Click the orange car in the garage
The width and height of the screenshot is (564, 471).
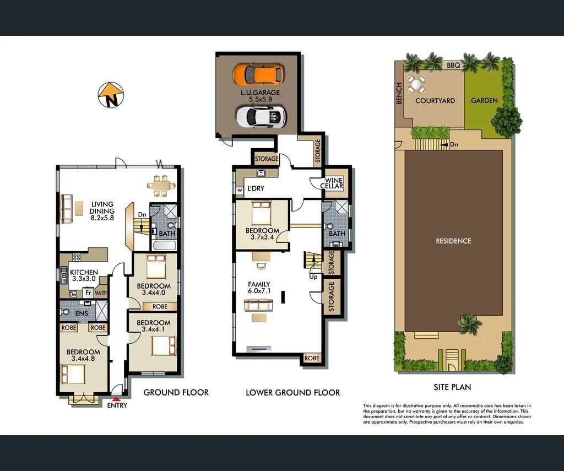(258, 74)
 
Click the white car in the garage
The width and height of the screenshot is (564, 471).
(261, 116)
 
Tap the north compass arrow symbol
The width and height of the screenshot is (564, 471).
(111, 95)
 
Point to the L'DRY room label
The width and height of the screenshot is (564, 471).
(255, 188)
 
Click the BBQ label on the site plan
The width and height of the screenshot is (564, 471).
(453, 65)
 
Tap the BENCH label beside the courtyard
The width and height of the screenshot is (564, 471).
(399, 94)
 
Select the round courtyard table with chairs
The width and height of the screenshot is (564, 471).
(416, 84)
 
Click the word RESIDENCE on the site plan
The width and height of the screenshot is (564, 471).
(453, 241)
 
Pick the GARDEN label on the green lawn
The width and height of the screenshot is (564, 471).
(484, 101)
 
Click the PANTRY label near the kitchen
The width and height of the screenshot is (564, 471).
(100, 294)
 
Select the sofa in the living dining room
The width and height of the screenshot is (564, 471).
(67, 209)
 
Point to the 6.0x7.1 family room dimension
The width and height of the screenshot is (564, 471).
(259, 292)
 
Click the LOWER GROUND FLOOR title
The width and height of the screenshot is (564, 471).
(292, 393)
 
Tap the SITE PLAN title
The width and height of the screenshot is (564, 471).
(452, 387)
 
